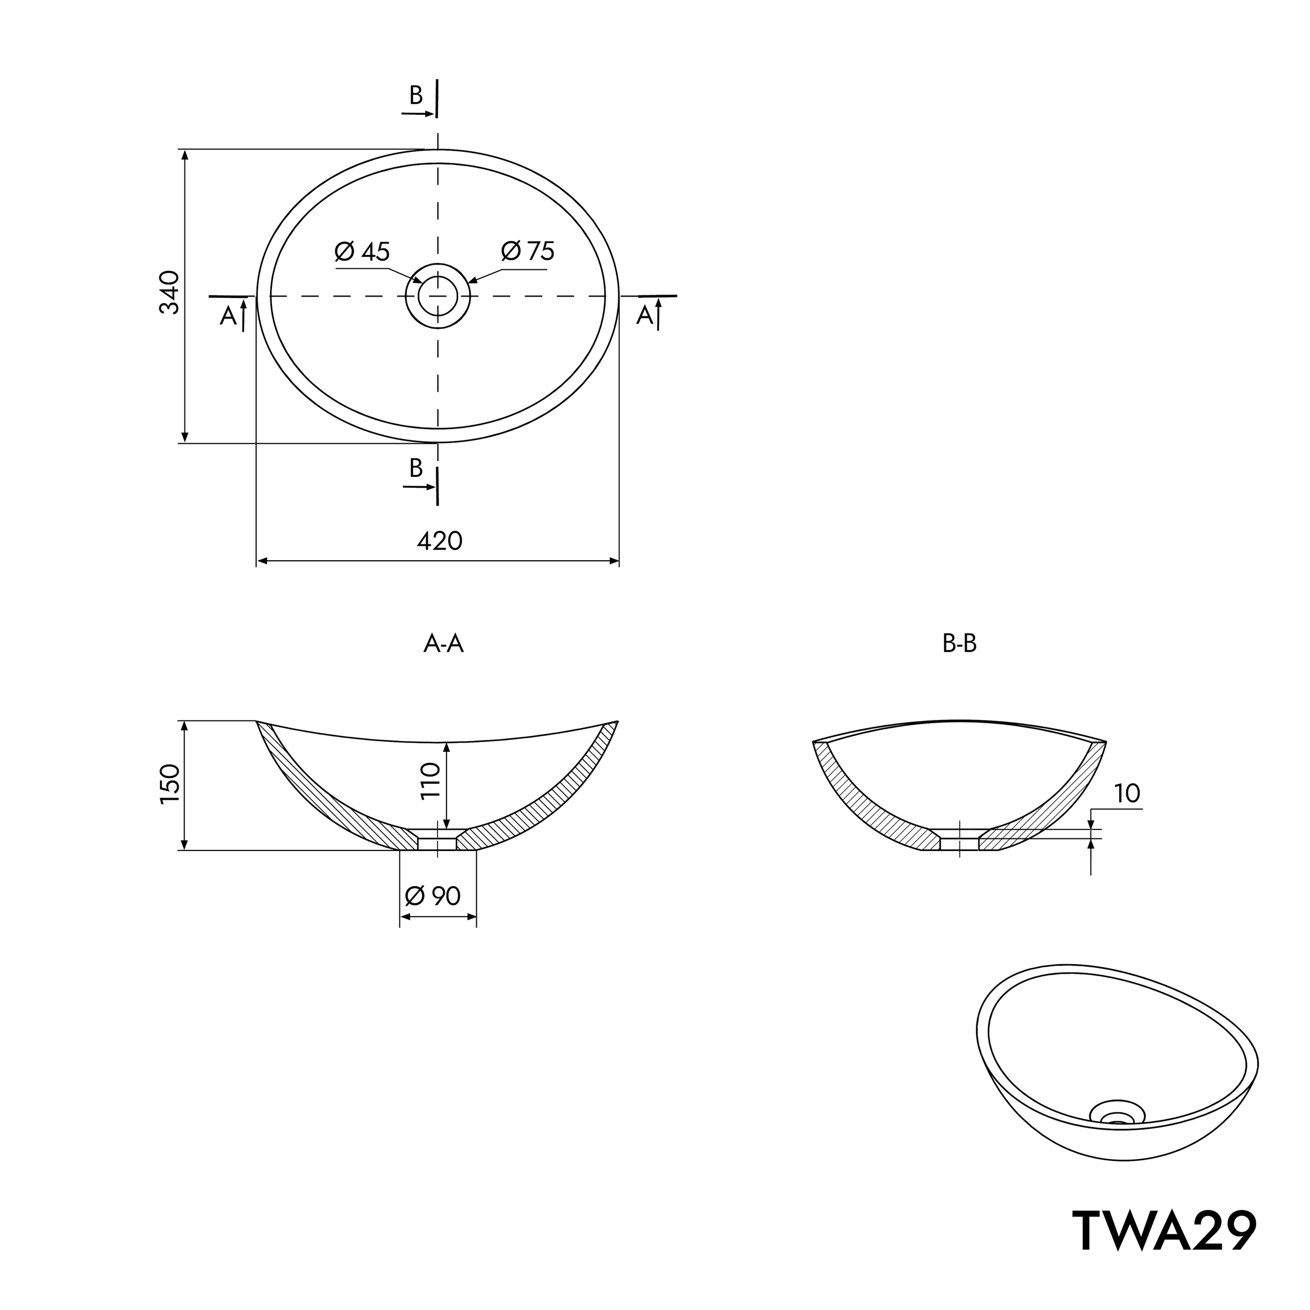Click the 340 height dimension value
169,292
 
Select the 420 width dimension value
440,540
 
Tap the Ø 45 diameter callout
362,252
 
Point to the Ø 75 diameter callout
528,251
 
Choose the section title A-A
443,643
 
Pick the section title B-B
959,643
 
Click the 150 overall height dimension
169,784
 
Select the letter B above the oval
416,95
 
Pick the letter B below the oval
416,468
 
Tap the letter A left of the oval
228,316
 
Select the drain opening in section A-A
438,842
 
